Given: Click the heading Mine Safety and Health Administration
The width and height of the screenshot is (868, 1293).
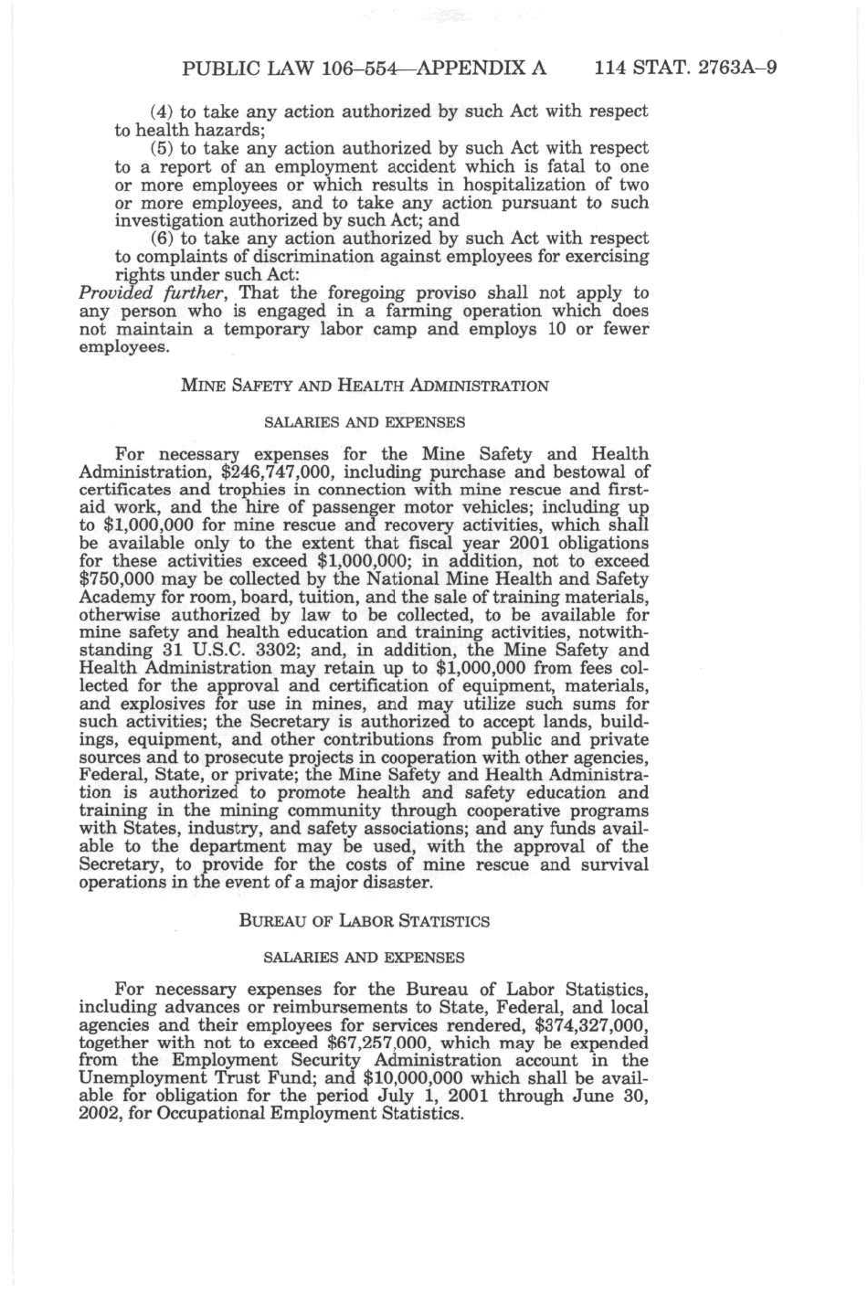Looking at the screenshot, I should point(365,386).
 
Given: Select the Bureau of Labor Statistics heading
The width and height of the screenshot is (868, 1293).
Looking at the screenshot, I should point(365,921).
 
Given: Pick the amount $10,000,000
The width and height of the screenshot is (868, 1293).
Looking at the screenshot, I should point(412,1078).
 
